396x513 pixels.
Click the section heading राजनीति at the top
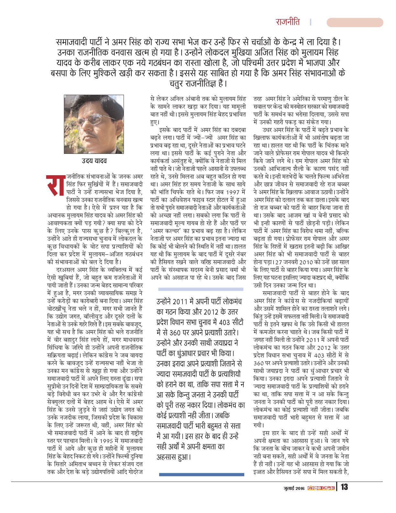288,22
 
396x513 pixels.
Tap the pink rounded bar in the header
355,22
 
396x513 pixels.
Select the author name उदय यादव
94,161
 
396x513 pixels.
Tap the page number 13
344,487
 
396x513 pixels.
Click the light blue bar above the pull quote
201,289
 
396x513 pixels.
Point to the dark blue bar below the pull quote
202,474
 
